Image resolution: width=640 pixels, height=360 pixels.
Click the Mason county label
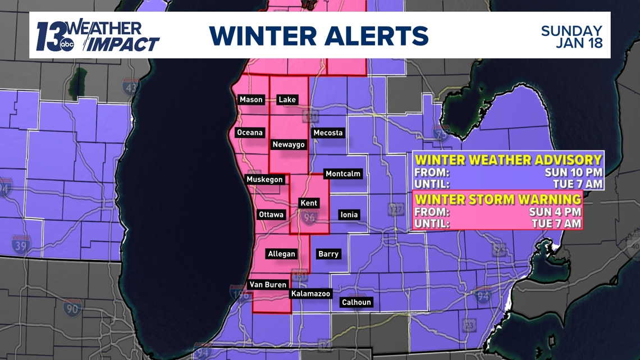point(251,99)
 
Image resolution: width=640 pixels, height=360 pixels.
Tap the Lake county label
point(287,99)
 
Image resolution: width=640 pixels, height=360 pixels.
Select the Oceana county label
point(249,133)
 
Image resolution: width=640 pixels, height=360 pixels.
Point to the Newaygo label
point(289,144)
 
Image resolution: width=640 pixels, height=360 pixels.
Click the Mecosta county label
point(328,133)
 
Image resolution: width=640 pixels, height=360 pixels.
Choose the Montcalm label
point(343,174)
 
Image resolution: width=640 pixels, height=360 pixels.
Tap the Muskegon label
point(265,180)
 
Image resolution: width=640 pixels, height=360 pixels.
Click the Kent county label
point(309,203)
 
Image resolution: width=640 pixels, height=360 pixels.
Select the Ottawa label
point(271,215)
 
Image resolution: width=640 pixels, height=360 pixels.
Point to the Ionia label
point(349,215)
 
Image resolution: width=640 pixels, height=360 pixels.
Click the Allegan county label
point(281,254)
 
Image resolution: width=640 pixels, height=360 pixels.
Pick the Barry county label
point(328,254)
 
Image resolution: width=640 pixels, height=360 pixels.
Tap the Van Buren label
point(268,285)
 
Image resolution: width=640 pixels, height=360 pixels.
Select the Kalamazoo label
point(310,294)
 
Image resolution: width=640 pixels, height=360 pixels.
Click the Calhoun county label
point(356,302)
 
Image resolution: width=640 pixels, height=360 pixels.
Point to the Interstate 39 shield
point(21,245)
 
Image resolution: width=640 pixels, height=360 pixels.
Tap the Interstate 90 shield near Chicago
point(72,308)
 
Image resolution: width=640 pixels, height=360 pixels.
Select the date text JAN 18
point(579,43)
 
